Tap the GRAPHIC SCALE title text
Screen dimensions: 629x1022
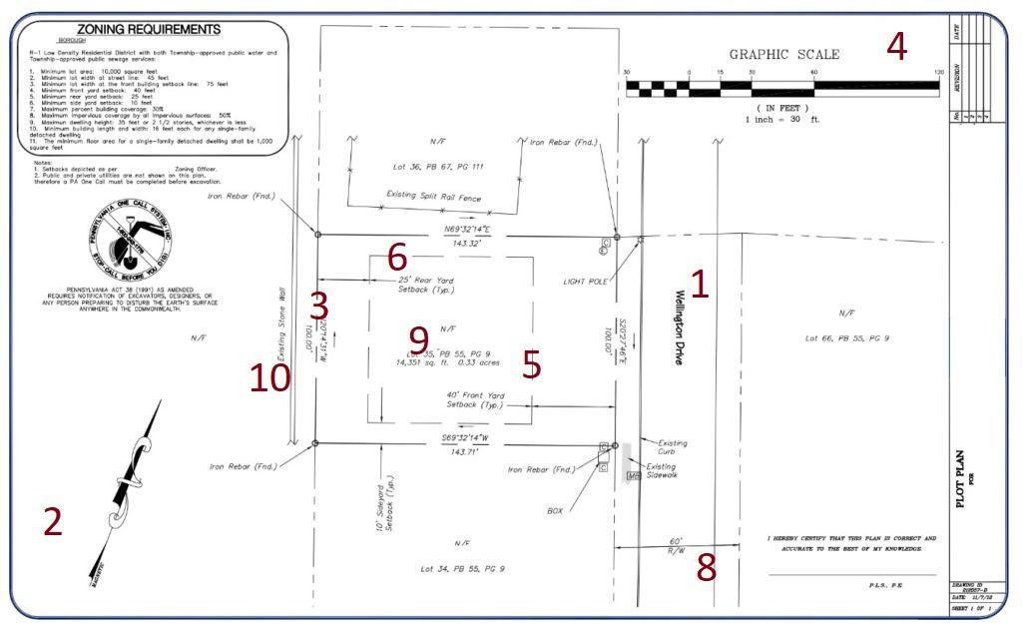click(x=783, y=55)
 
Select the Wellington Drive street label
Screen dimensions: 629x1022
click(x=680, y=327)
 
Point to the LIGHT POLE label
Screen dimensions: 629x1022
click(x=585, y=282)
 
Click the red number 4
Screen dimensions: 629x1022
click(x=896, y=46)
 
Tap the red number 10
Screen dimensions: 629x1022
click(x=269, y=376)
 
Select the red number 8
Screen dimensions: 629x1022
click(x=706, y=567)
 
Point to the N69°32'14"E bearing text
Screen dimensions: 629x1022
click(x=467, y=230)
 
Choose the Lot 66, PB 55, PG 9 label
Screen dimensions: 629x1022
click(x=846, y=338)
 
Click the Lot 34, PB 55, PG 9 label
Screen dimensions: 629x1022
click(x=462, y=568)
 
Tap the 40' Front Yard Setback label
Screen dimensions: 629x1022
click(x=474, y=399)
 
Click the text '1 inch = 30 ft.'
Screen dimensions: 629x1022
click(x=782, y=120)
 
